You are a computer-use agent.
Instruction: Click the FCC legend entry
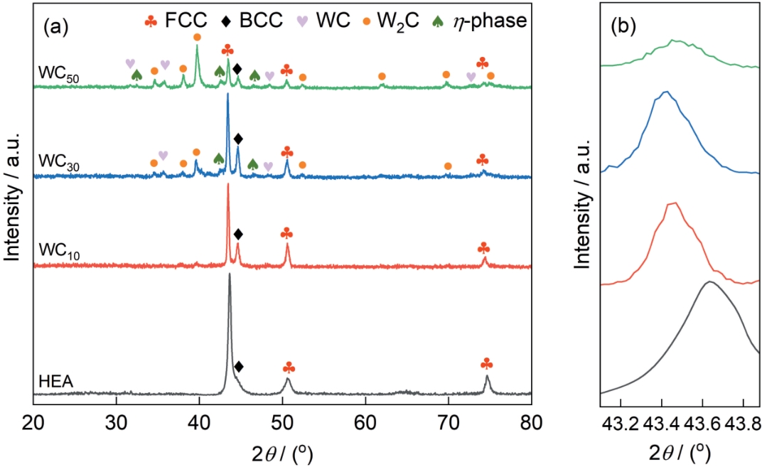tap(176, 21)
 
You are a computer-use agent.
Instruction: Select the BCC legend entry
tap(252, 21)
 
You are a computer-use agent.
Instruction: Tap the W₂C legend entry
tap(390, 21)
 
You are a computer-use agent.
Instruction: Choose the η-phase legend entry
tap(480, 21)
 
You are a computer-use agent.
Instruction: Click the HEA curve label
tap(56, 382)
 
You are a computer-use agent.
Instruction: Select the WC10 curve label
tap(59, 252)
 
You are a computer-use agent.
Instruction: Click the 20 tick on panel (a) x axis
tap(33, 423)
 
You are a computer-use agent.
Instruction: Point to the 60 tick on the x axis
tap(365, 423)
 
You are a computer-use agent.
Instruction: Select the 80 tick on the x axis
tap(532, 423)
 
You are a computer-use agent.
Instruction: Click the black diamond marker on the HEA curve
tap(239, 366)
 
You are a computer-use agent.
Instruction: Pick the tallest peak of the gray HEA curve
tap(230, 274)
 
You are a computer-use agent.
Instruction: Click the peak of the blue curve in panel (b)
tap(666, 92)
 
